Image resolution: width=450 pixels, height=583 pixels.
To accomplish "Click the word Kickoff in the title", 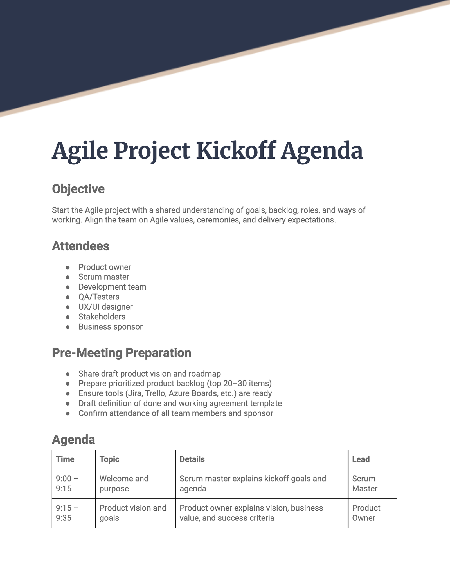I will [x=235, y=151].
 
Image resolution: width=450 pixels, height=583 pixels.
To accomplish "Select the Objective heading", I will [x=78, y=189].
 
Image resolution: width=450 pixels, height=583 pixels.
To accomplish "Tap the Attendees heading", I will [x=81, y=246].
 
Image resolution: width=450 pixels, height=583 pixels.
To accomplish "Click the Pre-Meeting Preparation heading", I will [x=121, y=353].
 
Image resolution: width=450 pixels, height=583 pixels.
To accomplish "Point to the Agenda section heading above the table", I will [x=73, y=439].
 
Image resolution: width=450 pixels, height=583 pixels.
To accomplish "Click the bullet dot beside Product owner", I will [x=67, y=267].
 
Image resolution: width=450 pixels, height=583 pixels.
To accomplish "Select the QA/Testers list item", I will [x=99, y=297].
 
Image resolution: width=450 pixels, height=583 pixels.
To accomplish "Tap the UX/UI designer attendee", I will [x=105, y=307].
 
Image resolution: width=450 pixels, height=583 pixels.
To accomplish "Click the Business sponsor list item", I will [x=110, y=327].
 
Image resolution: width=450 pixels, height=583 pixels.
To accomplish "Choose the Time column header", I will [x=65, y=459].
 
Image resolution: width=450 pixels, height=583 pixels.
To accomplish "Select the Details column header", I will [x=192, y=459].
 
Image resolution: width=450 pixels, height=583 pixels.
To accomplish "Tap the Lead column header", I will [x=361, y=459].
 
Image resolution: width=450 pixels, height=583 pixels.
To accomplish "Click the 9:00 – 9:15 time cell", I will [x=67, y=484].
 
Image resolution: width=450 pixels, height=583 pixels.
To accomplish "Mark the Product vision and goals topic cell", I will [x=133, y=513].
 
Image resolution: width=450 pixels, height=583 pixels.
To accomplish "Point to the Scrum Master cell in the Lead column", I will [x=364, y=484].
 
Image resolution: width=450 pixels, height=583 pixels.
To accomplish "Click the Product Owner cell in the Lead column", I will [x=366, y=513].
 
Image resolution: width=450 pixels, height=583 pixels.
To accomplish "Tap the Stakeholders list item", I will [x=102, y=317].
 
